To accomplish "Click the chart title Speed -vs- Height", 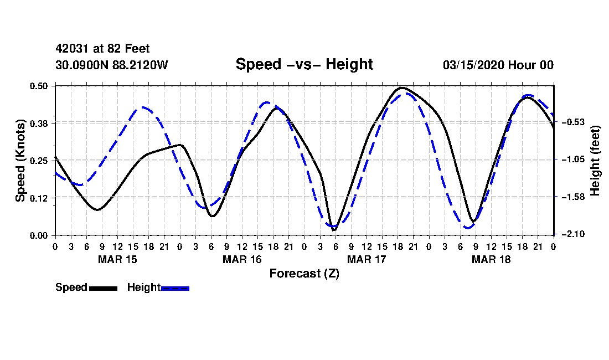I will click(x=304, y=64).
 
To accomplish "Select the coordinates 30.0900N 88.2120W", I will click(x=111, y=65).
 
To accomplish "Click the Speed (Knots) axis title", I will click(x=20, y=161).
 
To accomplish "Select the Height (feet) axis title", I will click(x=596, y=161).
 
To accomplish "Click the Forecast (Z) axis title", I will click(x=304, y=273).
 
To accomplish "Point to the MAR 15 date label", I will click(x=117, y=259).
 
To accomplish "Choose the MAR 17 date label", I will click(x=367, y=259).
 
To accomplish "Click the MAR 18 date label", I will click(x=491, y=259).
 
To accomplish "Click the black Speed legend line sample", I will click(x=103, y=288).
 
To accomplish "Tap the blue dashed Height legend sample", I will click(x=175, y=288).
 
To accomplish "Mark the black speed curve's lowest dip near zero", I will click(x=334, y=229).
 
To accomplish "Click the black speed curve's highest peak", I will click(x=402, y=88).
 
